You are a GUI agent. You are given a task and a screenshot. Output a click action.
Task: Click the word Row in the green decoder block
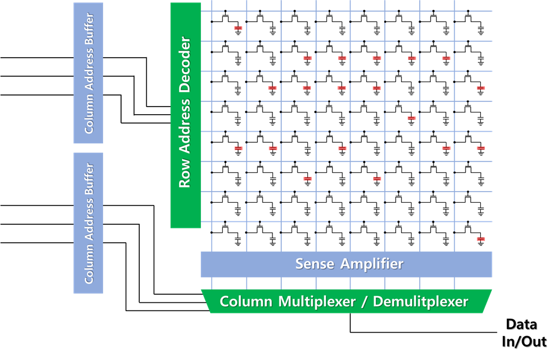(185, 175)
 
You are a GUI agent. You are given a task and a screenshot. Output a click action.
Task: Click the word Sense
(315, 264)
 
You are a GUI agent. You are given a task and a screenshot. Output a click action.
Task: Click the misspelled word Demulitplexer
(420, 302)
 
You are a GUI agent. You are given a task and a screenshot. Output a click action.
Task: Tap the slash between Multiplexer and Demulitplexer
(367, 302)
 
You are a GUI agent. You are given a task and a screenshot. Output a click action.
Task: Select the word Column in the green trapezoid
(246, 302)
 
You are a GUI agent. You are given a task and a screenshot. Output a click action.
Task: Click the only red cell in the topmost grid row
(238, 28)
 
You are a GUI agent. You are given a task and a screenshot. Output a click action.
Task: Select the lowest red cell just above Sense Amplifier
(481, 239)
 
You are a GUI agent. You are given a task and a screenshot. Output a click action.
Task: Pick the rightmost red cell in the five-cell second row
(446, 58)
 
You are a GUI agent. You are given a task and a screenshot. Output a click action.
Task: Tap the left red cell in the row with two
(307, 178)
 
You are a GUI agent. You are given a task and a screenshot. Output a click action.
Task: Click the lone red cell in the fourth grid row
(411, 118)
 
